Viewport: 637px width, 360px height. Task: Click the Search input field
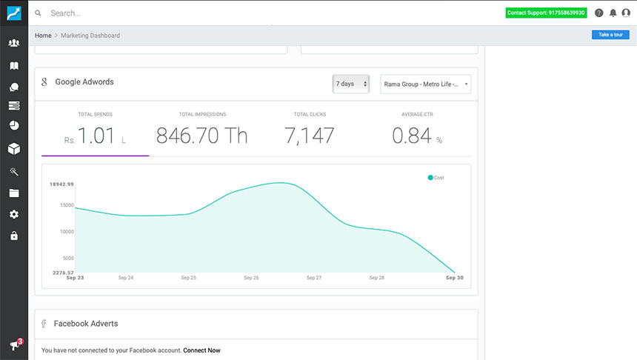coord(222,13)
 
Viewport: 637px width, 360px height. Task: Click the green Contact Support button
coord(546,13)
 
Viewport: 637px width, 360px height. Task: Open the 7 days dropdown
coord(350,84)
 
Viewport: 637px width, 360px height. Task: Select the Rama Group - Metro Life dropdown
coord(425,84)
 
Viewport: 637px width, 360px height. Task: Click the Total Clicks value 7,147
coord(310,136)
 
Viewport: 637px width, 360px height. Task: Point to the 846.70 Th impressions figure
coord(202,136)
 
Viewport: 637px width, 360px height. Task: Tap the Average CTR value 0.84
coord(412,136)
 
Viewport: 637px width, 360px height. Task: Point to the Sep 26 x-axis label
coord(252,278)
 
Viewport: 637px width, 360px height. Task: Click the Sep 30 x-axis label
coord(454,278)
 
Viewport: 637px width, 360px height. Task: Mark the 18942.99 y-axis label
coord(61,184)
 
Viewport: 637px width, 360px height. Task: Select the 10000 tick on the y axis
coord(66,231)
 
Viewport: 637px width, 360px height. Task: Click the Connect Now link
coord(201,350)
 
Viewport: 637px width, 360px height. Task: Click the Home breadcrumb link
coord(43,36)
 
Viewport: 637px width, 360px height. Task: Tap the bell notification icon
coord(613,13)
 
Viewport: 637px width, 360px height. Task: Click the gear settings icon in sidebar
coord(13,215)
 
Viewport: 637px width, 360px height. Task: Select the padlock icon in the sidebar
coord(13,236)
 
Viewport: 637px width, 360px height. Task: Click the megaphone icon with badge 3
coord(14,345)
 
